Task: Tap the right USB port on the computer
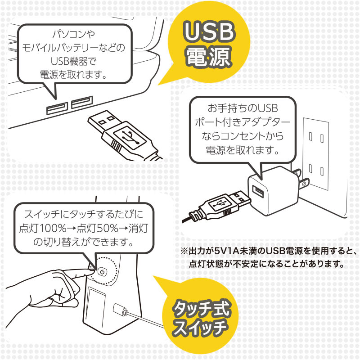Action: (x=81, y=103)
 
